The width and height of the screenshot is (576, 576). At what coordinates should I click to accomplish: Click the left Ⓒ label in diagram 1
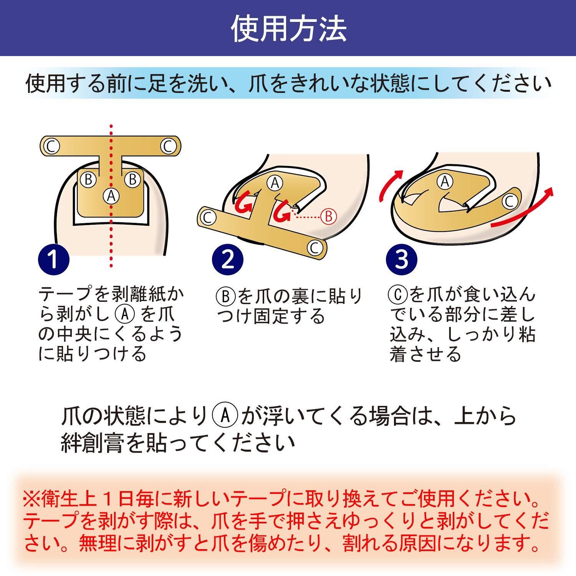(x=51, y=146)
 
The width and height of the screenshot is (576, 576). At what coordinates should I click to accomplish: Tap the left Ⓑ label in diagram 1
(x=89, y=179)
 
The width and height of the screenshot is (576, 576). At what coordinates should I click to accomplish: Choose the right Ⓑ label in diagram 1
(x=133, y=179)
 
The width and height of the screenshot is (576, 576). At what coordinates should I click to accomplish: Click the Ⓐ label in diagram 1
(x=111, y=196)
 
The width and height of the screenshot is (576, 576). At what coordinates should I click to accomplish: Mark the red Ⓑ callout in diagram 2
(x=328, y=217)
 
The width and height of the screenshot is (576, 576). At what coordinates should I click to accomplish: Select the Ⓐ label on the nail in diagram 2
(x=275, y=183)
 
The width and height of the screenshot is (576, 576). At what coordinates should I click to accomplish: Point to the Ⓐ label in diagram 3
(x=445, y=181)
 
